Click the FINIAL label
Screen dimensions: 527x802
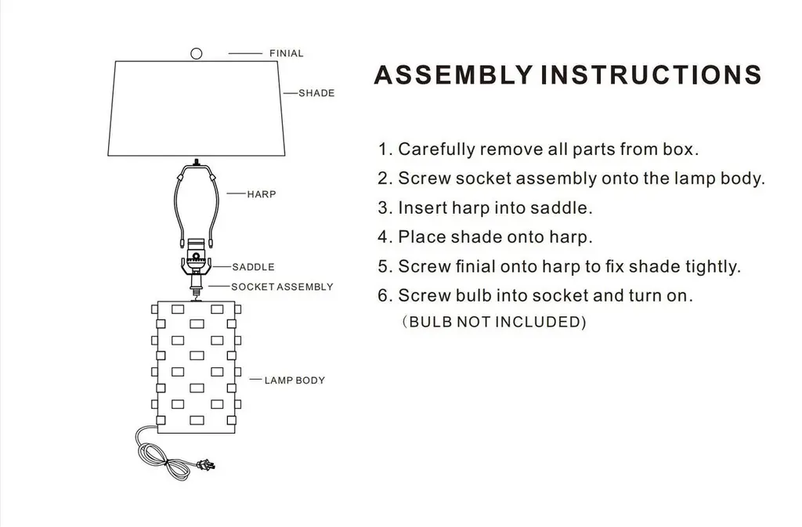(x=286, y=53)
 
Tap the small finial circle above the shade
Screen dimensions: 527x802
(x=197, y=53)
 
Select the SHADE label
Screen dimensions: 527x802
(x=316, y=93)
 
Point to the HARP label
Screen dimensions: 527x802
(x=262, y=194)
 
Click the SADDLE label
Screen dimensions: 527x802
(x=253, y=267)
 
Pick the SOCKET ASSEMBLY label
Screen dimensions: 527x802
(x=282, y=287)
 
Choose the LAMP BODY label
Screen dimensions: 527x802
(x=294, y=381)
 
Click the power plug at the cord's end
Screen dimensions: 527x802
(x=207, y=467)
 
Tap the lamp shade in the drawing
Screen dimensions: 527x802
(x=197, y=107)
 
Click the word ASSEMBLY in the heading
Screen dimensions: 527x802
(x=453, y=74)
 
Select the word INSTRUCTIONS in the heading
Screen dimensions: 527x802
(x=652, y=74)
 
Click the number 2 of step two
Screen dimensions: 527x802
(x=383, y=179)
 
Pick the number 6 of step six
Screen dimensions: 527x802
(x=383, y=296)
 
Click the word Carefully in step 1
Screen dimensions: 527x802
(x=435, y=149)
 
